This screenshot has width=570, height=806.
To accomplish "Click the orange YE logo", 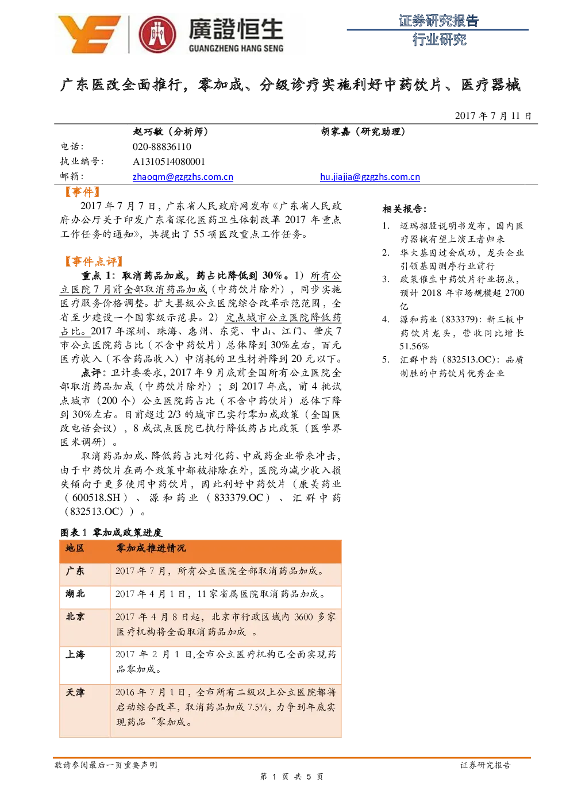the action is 89,34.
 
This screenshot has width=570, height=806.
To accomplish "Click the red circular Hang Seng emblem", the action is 157,34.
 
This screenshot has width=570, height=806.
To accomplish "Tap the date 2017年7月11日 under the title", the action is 492,115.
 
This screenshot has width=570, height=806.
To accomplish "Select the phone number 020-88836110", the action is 161,146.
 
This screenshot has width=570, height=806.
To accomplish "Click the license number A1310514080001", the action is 168,161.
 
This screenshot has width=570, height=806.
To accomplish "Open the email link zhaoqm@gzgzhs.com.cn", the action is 183,177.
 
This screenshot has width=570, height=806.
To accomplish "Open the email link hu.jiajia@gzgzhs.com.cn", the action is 370,177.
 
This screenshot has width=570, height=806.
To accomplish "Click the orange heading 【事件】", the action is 82,192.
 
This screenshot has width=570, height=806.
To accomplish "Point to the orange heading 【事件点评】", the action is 94,261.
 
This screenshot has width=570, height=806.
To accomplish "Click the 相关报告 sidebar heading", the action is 404,209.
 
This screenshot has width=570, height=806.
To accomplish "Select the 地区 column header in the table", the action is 75,548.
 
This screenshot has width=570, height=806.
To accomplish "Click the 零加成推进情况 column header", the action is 151,548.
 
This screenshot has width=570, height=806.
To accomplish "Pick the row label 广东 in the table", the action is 75,571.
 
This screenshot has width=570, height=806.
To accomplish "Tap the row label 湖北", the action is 75,593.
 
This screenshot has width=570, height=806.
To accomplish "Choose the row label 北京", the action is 75,617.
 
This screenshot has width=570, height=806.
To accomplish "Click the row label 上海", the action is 75,654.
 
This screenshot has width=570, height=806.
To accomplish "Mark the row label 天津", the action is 75,692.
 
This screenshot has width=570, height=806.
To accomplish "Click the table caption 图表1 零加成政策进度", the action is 111,532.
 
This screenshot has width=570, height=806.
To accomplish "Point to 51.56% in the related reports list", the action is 414,346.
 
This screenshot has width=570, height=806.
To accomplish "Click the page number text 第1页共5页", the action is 291,777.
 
